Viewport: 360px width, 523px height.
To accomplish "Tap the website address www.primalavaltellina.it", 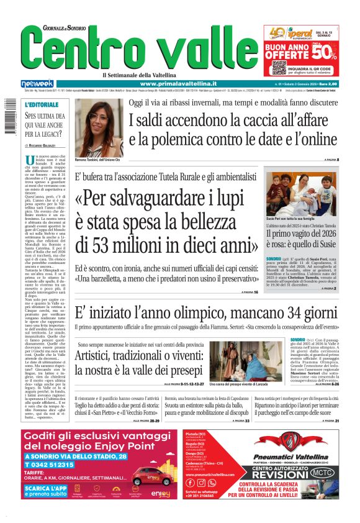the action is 178,83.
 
